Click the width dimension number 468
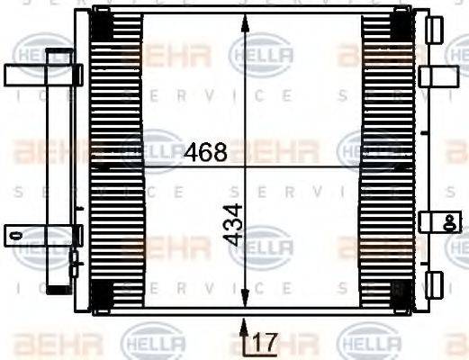205,153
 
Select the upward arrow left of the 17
246,335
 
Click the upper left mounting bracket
41,75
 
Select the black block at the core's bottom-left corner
103,292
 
